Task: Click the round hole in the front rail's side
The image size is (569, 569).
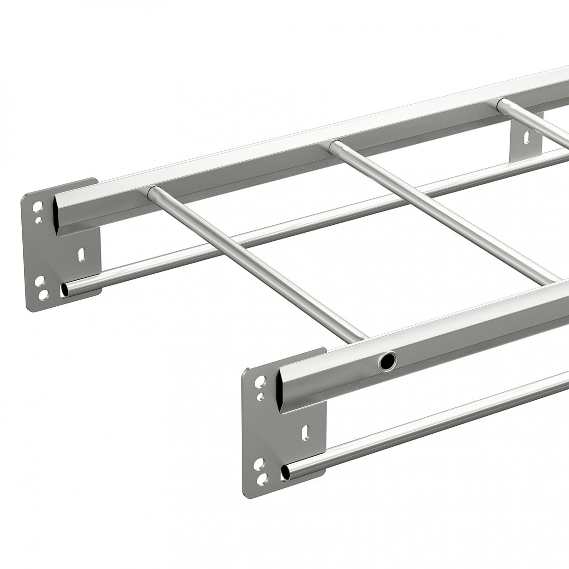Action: [388, 362]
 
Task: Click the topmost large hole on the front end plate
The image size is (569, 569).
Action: [260, 381]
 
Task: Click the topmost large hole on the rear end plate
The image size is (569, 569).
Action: [37, 207]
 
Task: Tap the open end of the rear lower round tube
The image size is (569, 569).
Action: [64, 289]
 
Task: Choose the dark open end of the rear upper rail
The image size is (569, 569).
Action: [58, 214]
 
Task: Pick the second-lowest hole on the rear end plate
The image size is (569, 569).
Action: [38, 281]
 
